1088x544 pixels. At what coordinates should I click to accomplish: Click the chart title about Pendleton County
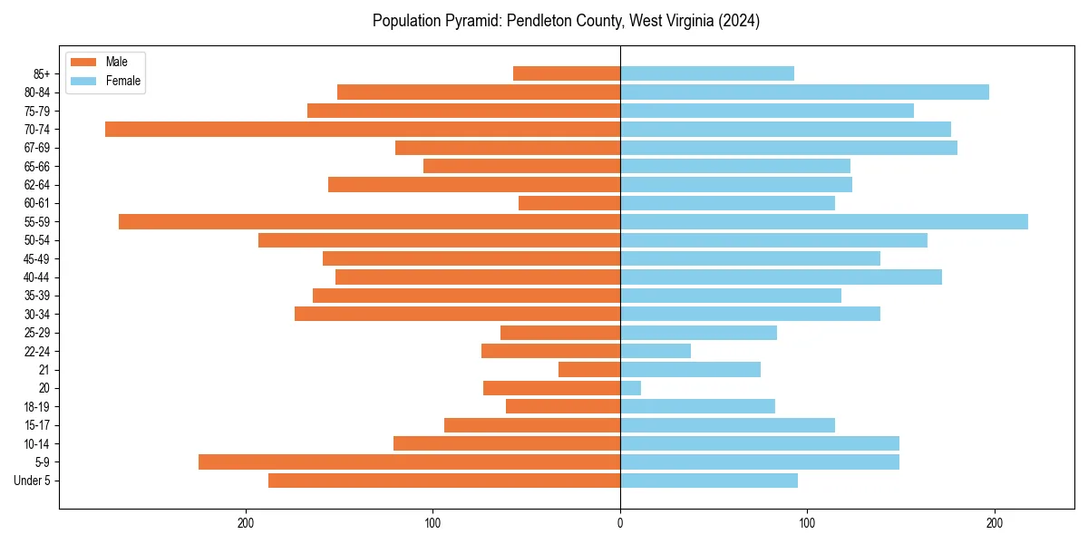point(566,21)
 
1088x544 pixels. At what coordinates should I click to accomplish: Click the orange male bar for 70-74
point(363,129)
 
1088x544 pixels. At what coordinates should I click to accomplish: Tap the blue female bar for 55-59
point(823,221)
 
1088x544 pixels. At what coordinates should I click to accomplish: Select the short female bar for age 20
point(630,388)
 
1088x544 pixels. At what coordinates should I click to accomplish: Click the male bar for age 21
point(589,369)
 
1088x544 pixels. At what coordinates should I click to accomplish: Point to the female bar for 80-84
point(804,92)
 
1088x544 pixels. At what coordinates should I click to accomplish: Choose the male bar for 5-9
point(409,461)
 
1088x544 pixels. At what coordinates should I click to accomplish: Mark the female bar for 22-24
point(656,351)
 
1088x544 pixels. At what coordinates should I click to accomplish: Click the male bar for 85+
point(567,73)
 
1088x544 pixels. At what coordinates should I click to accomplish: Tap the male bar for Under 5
point(444,481)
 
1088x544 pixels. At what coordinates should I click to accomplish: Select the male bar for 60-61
point(569,203)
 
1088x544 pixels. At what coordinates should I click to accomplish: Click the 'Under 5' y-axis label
point(32,481)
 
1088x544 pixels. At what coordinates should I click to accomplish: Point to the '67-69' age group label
point(37,148)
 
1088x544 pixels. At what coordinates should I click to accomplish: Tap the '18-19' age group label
point(37,406)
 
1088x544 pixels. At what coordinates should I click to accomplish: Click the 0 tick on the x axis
point(620,523)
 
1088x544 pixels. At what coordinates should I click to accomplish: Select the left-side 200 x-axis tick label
point(245,523)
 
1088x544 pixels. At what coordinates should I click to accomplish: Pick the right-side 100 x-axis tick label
point(807,523)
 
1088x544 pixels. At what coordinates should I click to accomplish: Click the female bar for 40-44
point(781,277)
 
